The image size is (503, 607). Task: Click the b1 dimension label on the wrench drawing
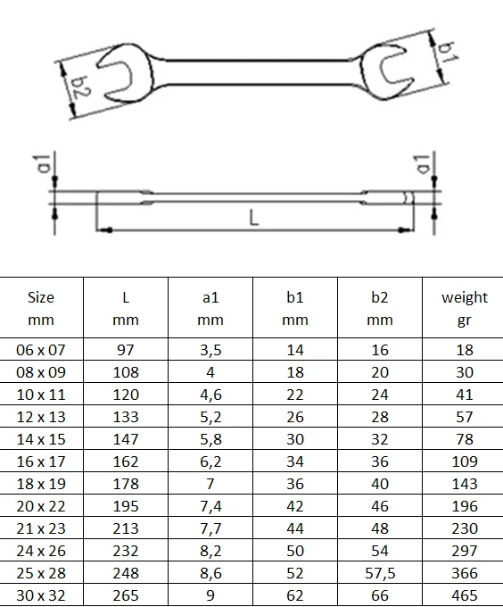[x=449, y=53]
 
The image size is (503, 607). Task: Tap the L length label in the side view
[x=253, y=218]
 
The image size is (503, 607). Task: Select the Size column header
[x=41, y=309]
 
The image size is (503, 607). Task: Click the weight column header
[x=465, y=309]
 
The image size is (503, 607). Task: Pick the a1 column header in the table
[x=210, y=309]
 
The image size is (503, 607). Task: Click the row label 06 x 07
[x=41, y=350]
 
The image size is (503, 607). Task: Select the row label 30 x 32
[x=41, y=595]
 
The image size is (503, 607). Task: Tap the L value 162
[x=126, y=461]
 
